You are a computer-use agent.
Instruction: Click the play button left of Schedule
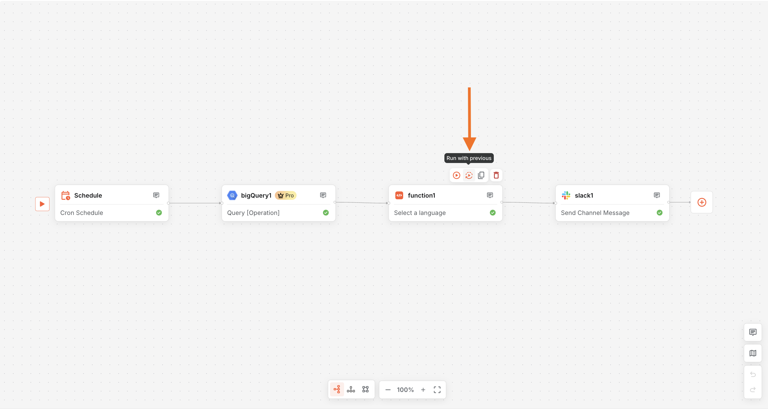pos(42,204)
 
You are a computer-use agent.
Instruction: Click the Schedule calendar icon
pos(66,195)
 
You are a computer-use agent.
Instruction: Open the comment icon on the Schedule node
pos(156,195)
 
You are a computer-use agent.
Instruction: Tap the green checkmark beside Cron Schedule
pos(159,212)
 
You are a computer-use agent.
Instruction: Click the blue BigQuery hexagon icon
pos(232,195)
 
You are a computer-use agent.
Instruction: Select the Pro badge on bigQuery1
pos(286,195)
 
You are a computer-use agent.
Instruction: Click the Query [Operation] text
pos(253,213)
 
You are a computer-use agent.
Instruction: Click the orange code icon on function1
pos(399,195)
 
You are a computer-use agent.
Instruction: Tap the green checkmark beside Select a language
pos(493,212)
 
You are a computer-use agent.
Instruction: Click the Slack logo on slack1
pos(566,195)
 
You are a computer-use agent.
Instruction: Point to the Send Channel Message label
pos(595,213)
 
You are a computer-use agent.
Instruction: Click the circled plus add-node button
pos(702,202)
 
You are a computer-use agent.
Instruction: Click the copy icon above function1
pos(481,175)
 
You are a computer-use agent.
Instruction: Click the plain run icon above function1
pos(456,175)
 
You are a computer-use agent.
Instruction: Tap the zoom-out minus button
pos(388,390)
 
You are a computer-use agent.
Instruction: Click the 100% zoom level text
pos(405,390)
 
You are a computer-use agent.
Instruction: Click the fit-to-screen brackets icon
pos(437,390)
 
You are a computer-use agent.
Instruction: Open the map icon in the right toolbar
pos(753,353)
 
